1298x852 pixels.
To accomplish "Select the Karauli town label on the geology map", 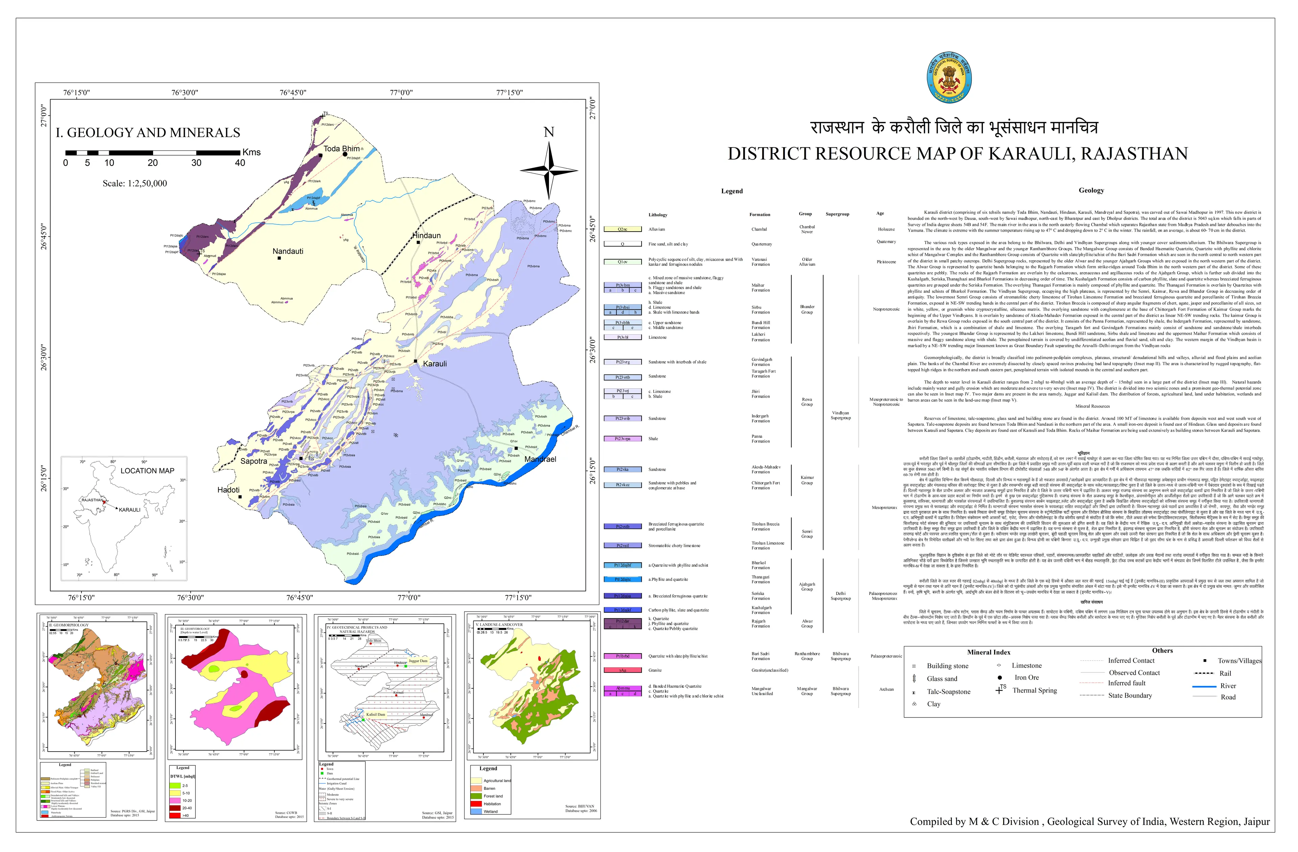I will tap(435, 364).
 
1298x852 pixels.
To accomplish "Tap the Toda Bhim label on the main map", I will tap(341, 148).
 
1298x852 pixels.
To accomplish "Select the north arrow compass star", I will tap(549, 171).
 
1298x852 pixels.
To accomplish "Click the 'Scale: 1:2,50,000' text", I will tap(135, 183).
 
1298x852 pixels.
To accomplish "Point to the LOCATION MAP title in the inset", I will tap(147, 471).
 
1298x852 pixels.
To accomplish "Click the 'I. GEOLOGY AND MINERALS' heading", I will tap(148, 133).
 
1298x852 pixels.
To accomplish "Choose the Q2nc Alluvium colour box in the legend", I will tap(622, 229).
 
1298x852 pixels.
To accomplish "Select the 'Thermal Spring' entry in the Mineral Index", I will tap(1034, 690).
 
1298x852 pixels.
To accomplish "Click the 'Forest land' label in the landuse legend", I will tap(493, 796).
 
